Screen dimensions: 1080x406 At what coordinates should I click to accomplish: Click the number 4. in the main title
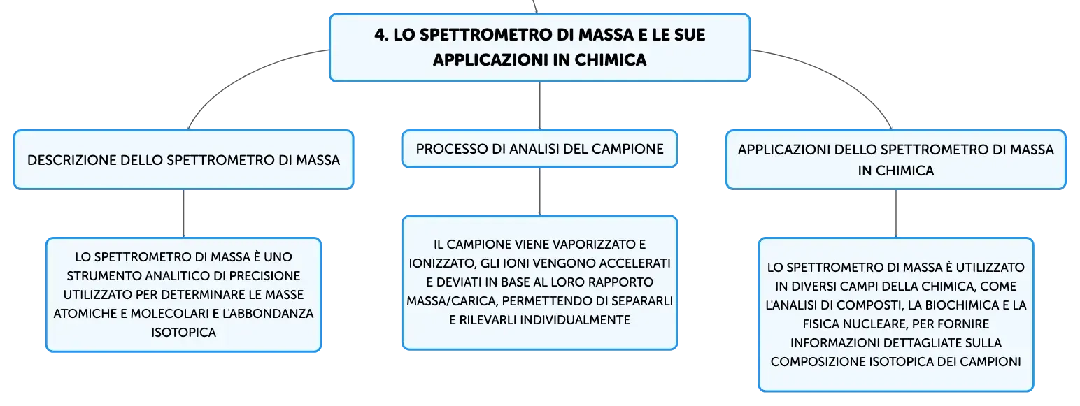(381, 35)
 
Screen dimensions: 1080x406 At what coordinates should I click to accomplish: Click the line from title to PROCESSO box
(539, 106)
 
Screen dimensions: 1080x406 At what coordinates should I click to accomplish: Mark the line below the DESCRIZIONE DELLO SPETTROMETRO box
(184, 213)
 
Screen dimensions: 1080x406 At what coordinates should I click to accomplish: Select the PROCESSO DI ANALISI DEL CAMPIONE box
(539, 149)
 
